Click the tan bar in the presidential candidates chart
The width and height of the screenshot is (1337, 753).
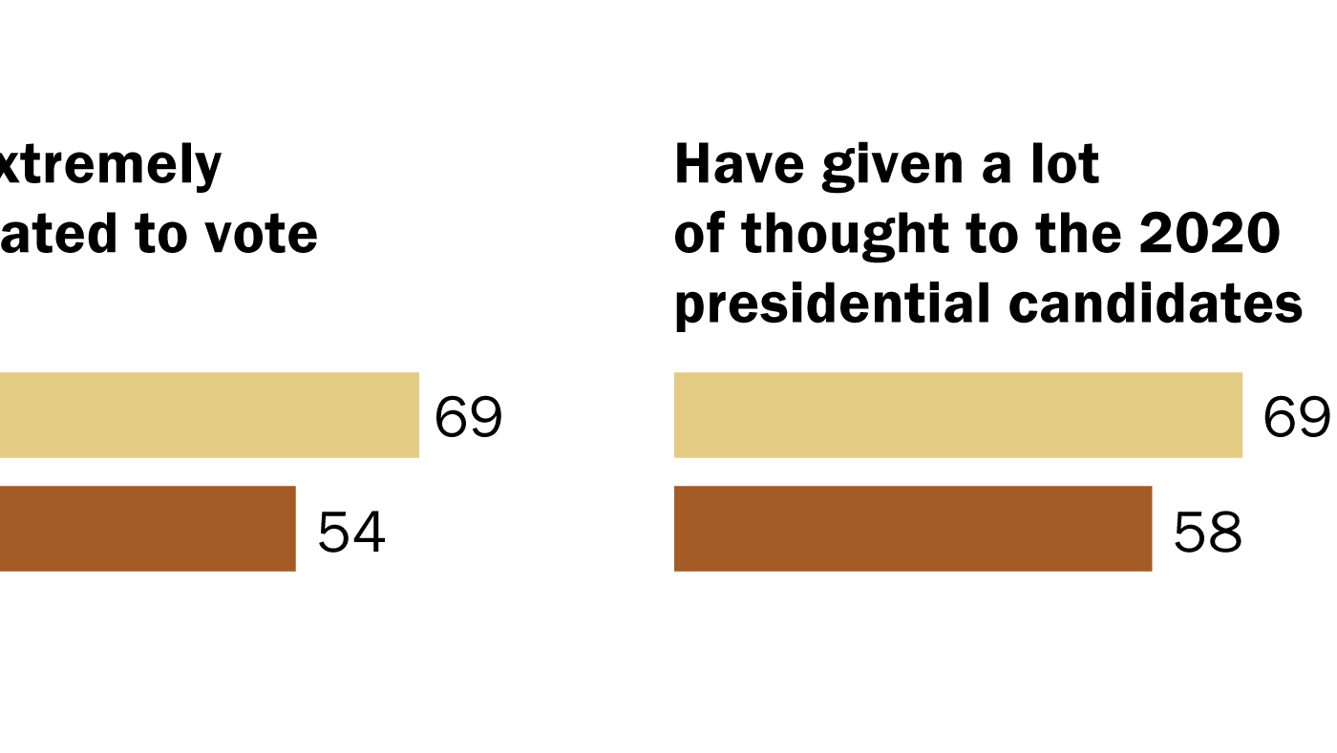tap(958, 415)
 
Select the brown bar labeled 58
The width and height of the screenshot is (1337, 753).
tap(912, 529)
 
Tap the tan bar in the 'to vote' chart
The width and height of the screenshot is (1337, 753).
tap(209, 415)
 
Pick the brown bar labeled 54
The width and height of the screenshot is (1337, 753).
tap(148, 529)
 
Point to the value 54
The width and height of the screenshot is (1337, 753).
tap(351, 532)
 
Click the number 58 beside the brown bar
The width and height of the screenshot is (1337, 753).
tap(1207, 532)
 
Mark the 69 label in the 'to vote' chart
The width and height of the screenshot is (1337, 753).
tap(468, 418)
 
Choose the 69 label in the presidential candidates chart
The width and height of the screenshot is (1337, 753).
tap(1297, 418)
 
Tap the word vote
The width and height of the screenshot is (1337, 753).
tap(270, 235)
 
